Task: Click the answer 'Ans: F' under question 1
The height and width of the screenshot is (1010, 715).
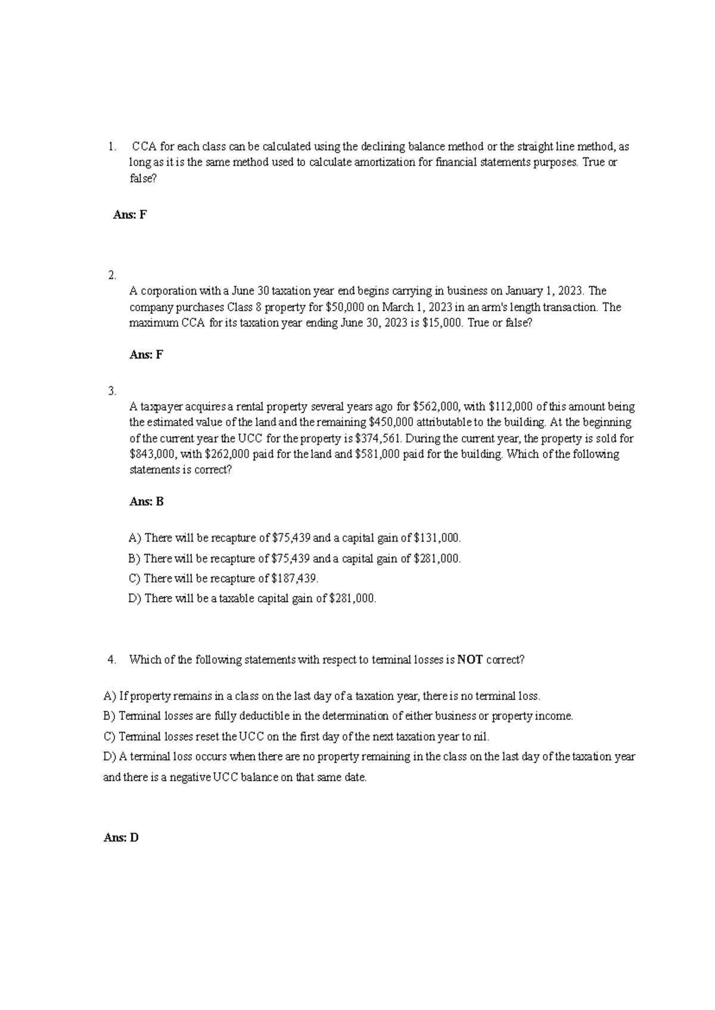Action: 130,215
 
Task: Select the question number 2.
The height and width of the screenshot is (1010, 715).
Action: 111,275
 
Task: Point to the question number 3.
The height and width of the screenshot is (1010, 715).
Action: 111,391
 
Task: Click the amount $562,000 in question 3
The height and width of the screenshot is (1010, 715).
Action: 436,407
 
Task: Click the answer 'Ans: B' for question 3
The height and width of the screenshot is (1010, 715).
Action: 147,501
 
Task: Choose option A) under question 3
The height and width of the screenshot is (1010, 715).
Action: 135,538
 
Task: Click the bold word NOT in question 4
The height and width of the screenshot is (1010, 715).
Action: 470,660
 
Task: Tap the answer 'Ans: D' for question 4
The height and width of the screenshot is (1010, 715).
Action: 121,838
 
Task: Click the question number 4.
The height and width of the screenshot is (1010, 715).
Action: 111,660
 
